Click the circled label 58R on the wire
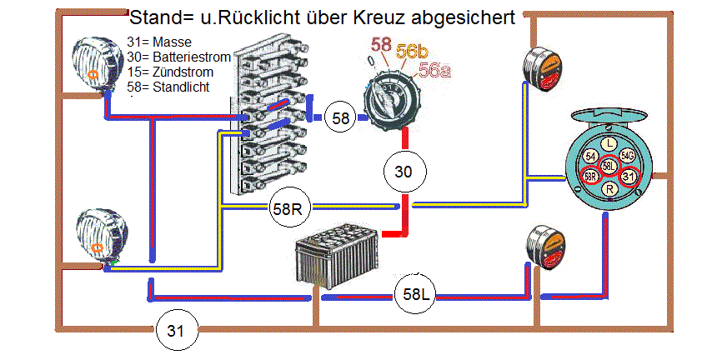click(x=286, y=208)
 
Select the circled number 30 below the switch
click(x=404, y=172)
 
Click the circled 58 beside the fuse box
click(x=341, y=117)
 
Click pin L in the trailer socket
click(x=609, y=143)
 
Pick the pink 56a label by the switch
click(x=434, y=70)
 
